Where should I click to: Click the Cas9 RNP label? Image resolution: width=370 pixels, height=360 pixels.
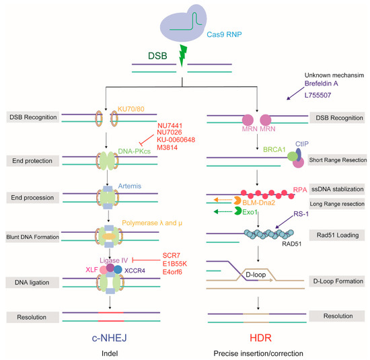click(x=224, y=34)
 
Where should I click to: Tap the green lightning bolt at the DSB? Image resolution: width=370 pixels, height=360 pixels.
click(x=183, y=56)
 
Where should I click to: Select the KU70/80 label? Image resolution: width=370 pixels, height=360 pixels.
click(x=131, y=109)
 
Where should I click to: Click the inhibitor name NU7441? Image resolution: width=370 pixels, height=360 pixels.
click(x=170, y=125)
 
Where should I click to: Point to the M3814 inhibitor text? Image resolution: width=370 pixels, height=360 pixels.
click(x=167, y=147)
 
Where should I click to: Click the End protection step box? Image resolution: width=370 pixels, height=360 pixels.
click(x=32, y=161)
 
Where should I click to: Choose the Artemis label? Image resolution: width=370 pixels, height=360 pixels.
click(x=130, y=186)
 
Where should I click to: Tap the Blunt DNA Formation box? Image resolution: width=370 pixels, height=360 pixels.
click(x=32, y=237)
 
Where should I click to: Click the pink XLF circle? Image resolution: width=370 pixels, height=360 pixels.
click(x=104, y=270)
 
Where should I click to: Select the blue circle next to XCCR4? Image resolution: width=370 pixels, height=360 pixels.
click(x=118, y=270)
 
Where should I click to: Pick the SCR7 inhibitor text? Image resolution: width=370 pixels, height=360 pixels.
click(x=172, y=256)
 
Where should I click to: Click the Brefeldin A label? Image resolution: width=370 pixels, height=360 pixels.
click(x=321, y=83)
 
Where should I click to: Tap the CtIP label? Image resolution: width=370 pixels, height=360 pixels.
click(x=302, y=144)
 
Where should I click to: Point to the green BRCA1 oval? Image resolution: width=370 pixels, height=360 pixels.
click(x=293, y=156)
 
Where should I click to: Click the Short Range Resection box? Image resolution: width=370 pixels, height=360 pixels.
click(x=338, y=160)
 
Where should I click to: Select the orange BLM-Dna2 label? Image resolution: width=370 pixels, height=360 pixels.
click(x=258, y=203)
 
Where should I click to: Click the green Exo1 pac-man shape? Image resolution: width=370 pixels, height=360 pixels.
click(x=237, y=211)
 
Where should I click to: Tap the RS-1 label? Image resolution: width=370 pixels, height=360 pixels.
click(x=301, y=214)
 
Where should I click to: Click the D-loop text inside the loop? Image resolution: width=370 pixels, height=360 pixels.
click(x=256, y=275)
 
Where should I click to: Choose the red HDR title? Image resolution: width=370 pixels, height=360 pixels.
click(x=260, y=338)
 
